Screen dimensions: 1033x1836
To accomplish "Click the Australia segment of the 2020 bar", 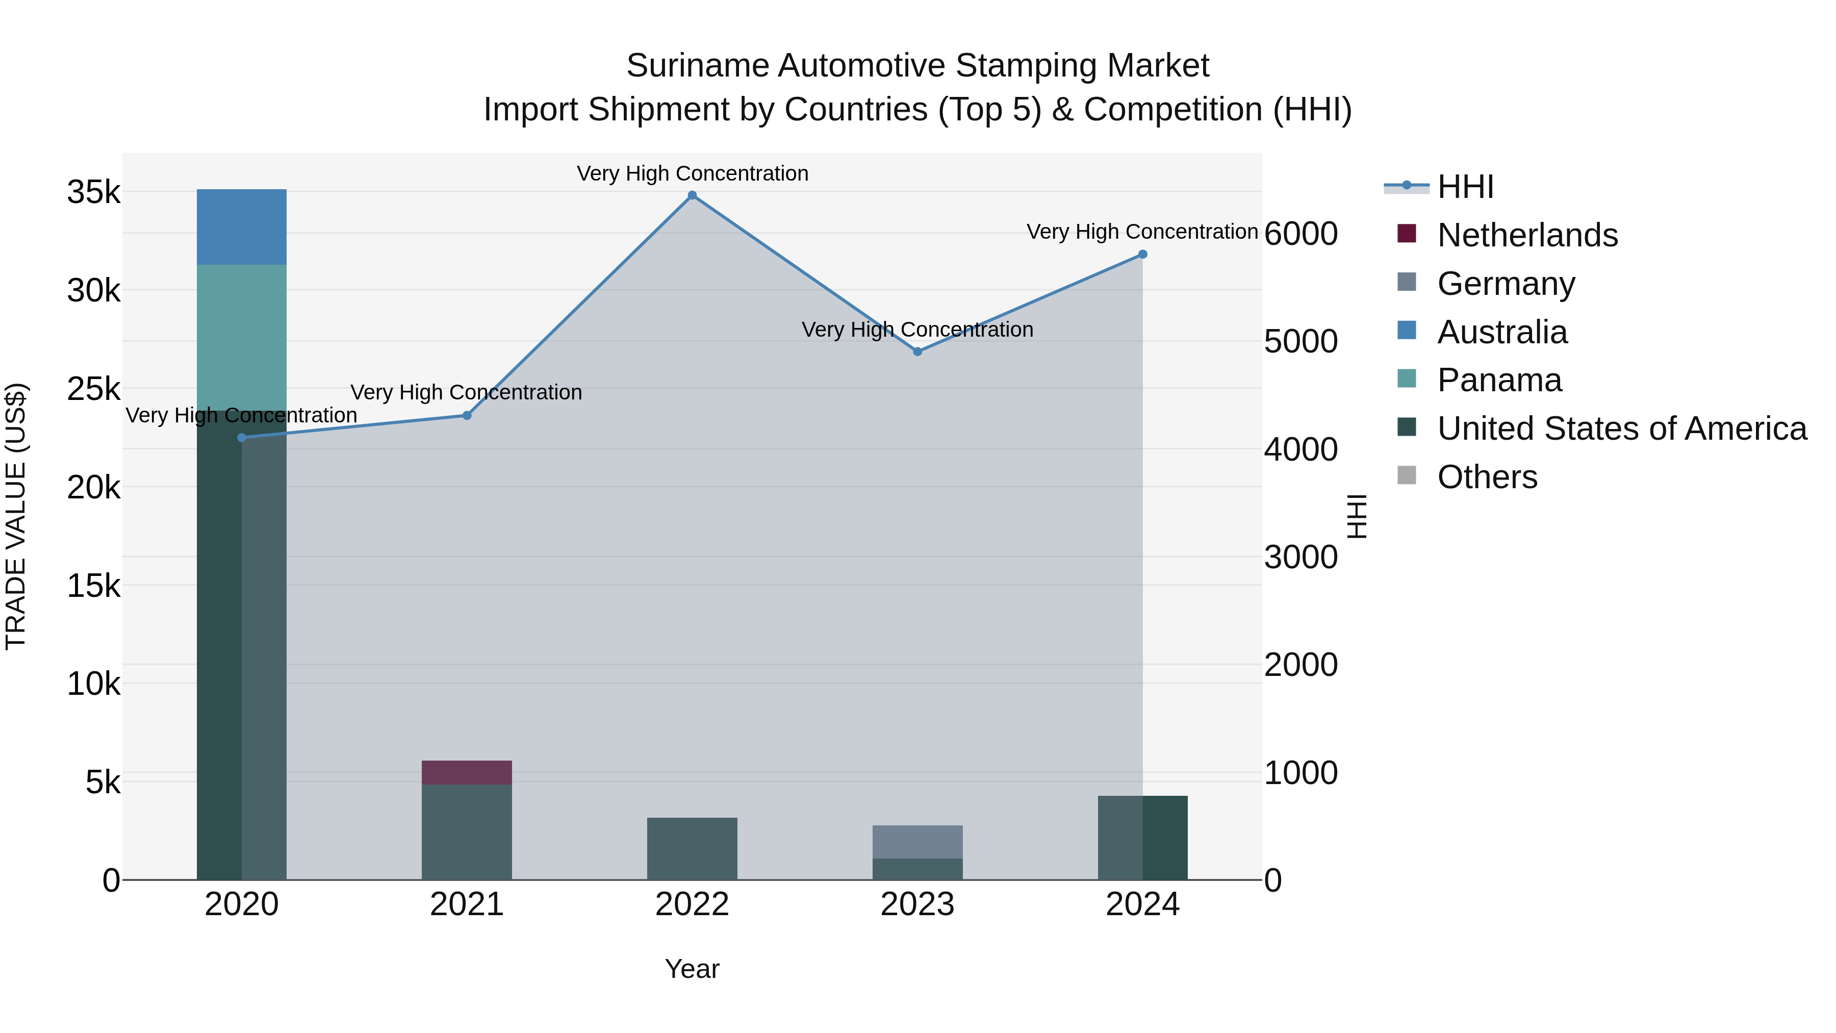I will point(242,226).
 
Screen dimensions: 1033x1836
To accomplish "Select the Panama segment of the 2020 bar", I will point(242,335).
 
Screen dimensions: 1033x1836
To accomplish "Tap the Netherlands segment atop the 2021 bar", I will point(467,772).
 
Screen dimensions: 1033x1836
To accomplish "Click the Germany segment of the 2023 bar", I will point(917,841).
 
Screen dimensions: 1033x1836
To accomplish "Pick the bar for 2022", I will point(692,848).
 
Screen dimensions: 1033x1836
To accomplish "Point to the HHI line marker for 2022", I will point(692,195).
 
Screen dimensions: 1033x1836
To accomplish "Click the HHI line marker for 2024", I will point(1142,255).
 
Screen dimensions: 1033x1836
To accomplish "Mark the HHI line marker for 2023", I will point(917,351).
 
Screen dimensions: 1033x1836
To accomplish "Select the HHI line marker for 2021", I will point(467,416).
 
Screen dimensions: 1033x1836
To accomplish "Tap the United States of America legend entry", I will point(1621,429).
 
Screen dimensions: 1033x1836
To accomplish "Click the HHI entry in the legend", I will point(1465,187).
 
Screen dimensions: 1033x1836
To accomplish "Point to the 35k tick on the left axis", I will point(94,192).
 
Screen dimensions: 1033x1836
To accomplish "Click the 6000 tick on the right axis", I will point(1300,234).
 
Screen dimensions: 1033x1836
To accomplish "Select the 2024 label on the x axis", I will point(1142,904).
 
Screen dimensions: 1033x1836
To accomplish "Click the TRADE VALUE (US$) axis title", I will point(16,516).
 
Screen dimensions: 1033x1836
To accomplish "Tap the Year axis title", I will point(692,969).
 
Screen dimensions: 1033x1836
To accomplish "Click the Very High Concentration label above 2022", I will point(692,173).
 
